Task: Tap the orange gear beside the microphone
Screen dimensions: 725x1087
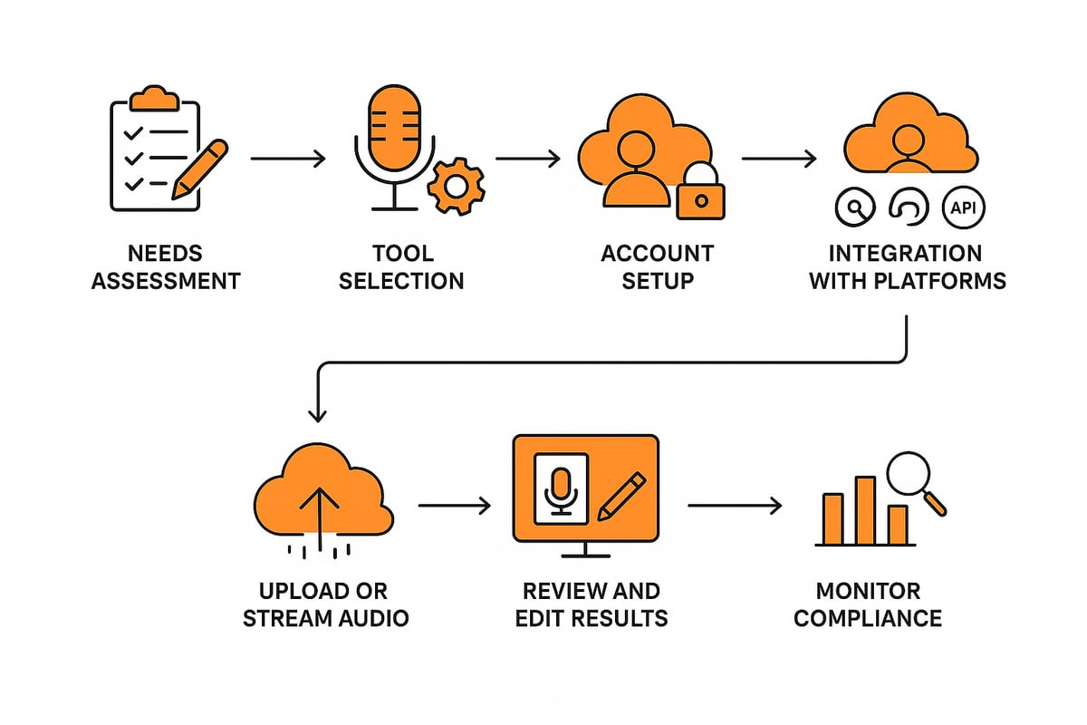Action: (456, 186)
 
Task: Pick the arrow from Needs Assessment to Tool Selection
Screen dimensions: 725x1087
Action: (288, 159)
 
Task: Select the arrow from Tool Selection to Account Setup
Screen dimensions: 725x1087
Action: (528, 159)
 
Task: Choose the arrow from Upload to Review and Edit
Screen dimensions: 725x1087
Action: (454, 505)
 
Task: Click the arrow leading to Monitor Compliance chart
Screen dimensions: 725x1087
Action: (735, 505)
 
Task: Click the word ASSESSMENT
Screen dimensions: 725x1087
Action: (167, 280)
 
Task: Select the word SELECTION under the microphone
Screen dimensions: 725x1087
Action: (400, 280)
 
